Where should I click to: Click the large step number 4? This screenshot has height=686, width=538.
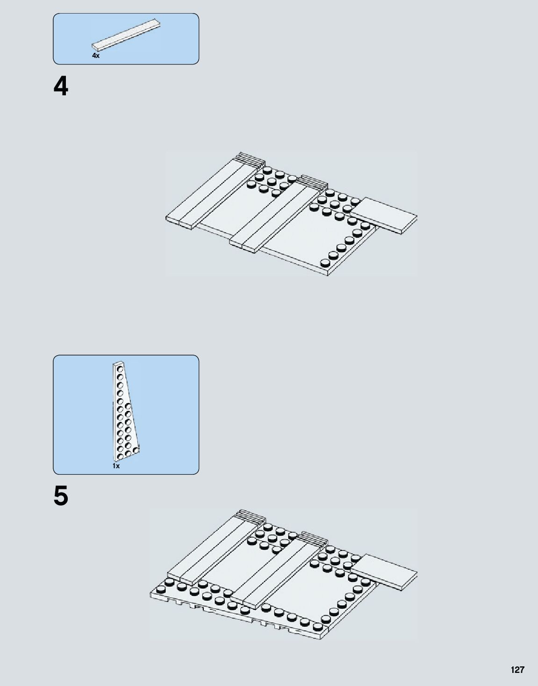click(x=61, y=86)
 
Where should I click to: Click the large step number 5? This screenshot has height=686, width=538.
click(x=61, y=496)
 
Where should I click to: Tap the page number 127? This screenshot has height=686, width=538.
click(x=517, y=670)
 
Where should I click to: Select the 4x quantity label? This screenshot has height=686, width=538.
click(x=96, y=56)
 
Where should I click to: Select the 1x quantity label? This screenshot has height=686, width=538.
click(x=116, y=466)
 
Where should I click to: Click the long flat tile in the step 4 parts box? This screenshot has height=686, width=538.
click(x=126, y=34)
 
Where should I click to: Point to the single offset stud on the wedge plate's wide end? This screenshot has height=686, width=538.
click(x=136, y=450)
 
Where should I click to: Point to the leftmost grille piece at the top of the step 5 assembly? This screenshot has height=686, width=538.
click(x=251, y=516)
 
